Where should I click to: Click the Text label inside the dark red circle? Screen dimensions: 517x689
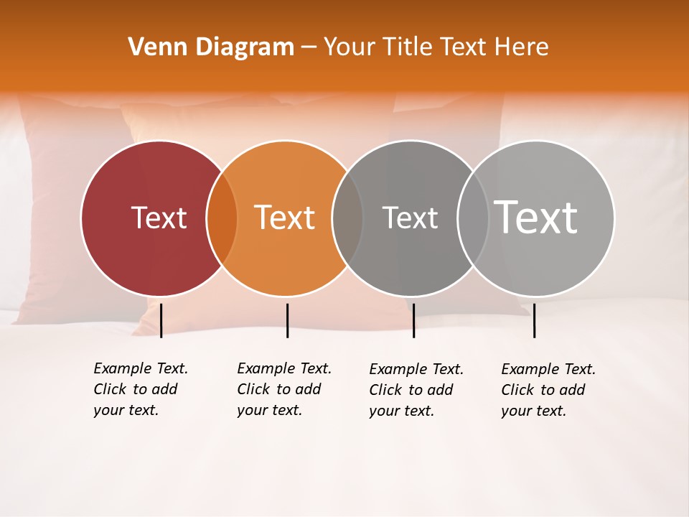tap(159, 218)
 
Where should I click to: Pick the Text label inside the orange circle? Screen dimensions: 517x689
tap(285, 218)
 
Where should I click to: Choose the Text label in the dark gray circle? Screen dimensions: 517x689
tap(410, 218)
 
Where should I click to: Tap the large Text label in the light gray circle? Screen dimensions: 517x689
tap(536, 217)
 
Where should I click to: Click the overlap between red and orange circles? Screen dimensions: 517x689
tap(222, 218)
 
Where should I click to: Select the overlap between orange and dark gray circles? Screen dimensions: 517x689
tap(347, 218)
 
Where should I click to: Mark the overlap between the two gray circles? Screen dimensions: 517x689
tap(474, 218)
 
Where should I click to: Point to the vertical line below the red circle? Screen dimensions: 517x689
tap(161, 320)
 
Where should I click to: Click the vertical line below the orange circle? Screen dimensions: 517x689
tap(287, 320)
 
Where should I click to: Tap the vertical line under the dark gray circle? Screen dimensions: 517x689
tap(413, 320)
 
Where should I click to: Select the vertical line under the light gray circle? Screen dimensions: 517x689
tap(535, 320)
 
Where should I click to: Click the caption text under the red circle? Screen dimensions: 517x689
tap(140, 389)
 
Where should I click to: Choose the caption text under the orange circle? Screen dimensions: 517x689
tap(283, 389)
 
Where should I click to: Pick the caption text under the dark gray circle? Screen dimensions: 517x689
tap(416, 390)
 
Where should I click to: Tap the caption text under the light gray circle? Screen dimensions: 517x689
tap(548, 390)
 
